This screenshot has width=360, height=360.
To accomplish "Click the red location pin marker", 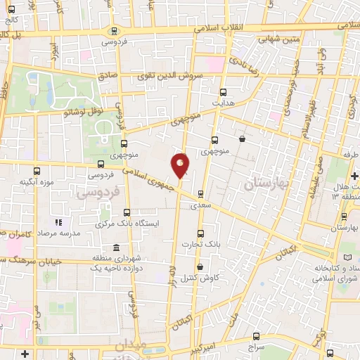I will coord(181,165).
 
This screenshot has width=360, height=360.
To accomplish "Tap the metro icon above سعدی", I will coord(201,194).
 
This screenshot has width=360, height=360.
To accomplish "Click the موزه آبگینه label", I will coord(38,182).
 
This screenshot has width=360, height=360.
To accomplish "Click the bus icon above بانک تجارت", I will coord(201,233).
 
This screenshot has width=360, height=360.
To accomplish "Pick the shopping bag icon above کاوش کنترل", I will coord(201,266).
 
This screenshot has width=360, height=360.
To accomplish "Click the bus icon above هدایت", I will coord(224,92).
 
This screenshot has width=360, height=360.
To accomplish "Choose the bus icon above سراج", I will coord(255,336).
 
